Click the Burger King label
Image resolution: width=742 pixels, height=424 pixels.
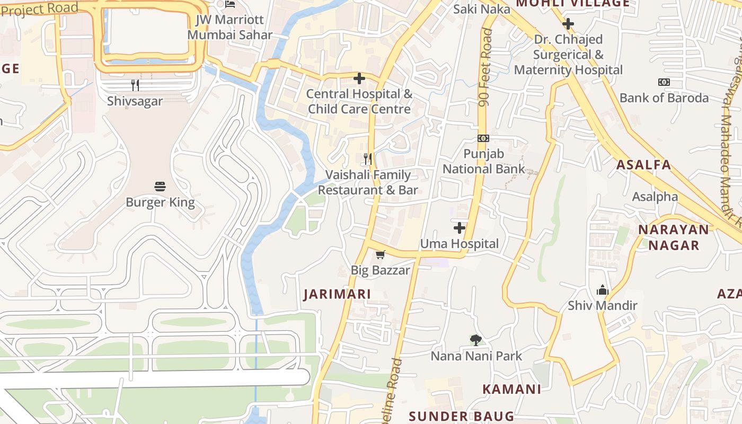coord(160,202)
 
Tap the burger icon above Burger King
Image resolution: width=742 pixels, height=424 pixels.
coord(160,187)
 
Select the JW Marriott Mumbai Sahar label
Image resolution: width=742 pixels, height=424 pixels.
coord(229,28)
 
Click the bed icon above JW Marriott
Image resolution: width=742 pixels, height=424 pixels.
coord(229,5)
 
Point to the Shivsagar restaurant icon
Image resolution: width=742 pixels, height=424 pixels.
coord(135,85)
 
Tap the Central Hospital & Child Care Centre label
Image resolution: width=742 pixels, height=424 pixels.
coord(359,102)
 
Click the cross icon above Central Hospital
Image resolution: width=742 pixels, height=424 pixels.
coord(359,79)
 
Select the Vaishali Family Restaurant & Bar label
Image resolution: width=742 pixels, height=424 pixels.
coord(368,182)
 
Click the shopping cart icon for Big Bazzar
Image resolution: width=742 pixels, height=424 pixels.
coord(380,255)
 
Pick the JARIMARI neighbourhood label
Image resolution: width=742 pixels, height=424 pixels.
coord(337,295)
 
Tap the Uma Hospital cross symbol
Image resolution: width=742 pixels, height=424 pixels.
coord(460,228)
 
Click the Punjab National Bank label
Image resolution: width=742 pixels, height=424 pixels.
coord(483,162)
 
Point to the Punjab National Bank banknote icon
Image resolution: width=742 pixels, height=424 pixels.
coord(483,138)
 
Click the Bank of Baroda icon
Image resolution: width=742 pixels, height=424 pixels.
coord(664,82)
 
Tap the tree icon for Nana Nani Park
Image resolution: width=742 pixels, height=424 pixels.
coord(476,340)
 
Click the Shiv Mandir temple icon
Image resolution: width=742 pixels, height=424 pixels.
coord(603,290)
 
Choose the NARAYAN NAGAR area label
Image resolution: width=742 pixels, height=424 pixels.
coord(674,237)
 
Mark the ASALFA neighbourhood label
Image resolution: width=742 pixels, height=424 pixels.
coord(643,165)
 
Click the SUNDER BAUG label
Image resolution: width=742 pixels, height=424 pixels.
coord(462,416)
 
